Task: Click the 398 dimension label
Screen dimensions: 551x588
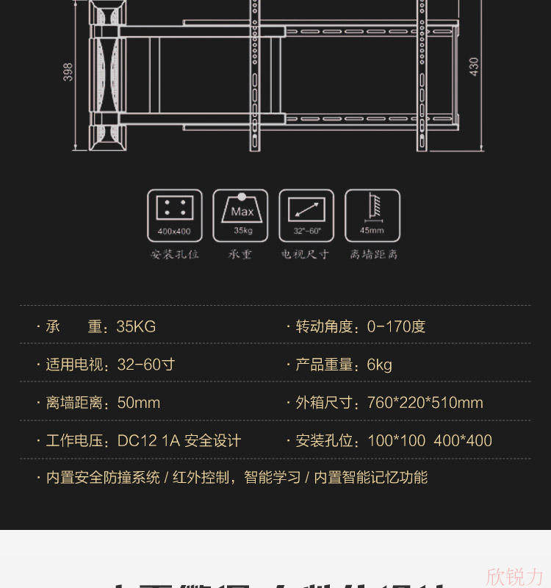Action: [68, 71]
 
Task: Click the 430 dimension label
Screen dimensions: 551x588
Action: [474, 67]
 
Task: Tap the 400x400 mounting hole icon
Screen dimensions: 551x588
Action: [174, 215]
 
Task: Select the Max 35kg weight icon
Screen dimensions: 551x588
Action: [240, 215]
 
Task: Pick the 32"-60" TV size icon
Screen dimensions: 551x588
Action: [306, 215]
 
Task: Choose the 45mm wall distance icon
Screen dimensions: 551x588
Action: [372, 215]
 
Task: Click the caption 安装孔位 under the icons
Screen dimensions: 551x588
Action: [174, 254]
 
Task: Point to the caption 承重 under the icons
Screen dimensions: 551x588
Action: [240, 254]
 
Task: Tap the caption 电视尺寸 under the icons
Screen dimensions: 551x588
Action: [306, 254]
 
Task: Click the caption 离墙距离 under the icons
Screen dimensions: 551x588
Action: [373, 254]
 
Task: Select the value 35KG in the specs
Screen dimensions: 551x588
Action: [136, 326]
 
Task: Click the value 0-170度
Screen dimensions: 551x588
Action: [396, 326]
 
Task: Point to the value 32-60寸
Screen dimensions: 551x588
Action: [145, 365]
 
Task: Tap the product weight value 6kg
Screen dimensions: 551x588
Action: [379, 365]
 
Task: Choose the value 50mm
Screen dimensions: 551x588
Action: [138, 403]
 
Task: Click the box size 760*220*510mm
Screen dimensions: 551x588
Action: [425, 403]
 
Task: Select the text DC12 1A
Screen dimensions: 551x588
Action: [148, 441]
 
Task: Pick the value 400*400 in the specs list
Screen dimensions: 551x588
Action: [462, 441]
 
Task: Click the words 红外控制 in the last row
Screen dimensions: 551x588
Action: [201, 478]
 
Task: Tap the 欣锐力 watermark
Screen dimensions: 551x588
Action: [515, 576]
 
